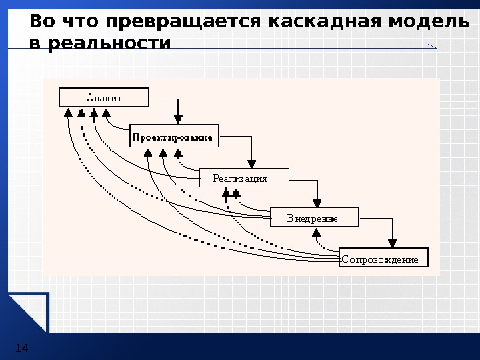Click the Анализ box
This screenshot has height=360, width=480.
[104, 97]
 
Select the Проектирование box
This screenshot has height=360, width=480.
[173, 137]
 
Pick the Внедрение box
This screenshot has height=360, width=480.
[313, 218]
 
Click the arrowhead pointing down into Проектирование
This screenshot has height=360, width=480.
[178, 119]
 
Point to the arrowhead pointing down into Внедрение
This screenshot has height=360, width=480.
[318, 202]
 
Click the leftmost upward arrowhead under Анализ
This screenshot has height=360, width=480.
[68, 113]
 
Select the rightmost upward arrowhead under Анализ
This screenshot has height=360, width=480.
[106, 113]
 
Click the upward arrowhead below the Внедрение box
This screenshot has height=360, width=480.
[317, 233]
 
